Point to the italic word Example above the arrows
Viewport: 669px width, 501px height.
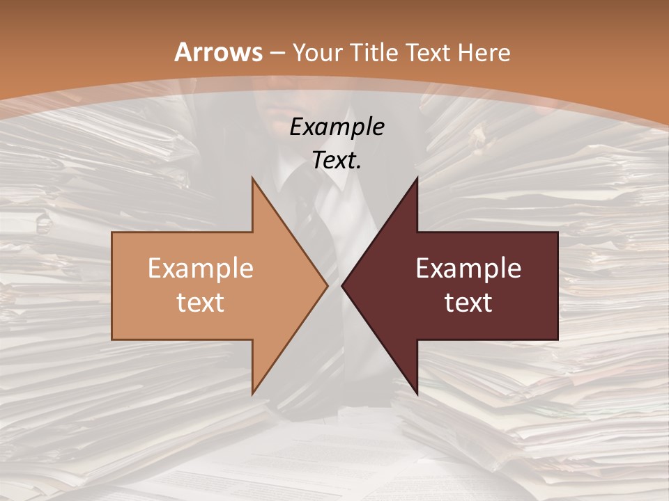coord(337,127)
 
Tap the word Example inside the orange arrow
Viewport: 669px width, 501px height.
coord(201,269)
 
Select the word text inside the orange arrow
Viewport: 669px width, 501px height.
coord(201,302)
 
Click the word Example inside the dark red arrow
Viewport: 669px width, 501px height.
coord(468,269)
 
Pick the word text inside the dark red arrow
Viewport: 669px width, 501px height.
coord(468,302)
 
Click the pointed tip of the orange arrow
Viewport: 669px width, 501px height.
coord(328,285)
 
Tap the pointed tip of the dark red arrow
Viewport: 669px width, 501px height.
coord(342,285)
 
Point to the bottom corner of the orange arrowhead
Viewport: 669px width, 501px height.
coord(252,394)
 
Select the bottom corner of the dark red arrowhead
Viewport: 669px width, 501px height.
coord(417,394)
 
